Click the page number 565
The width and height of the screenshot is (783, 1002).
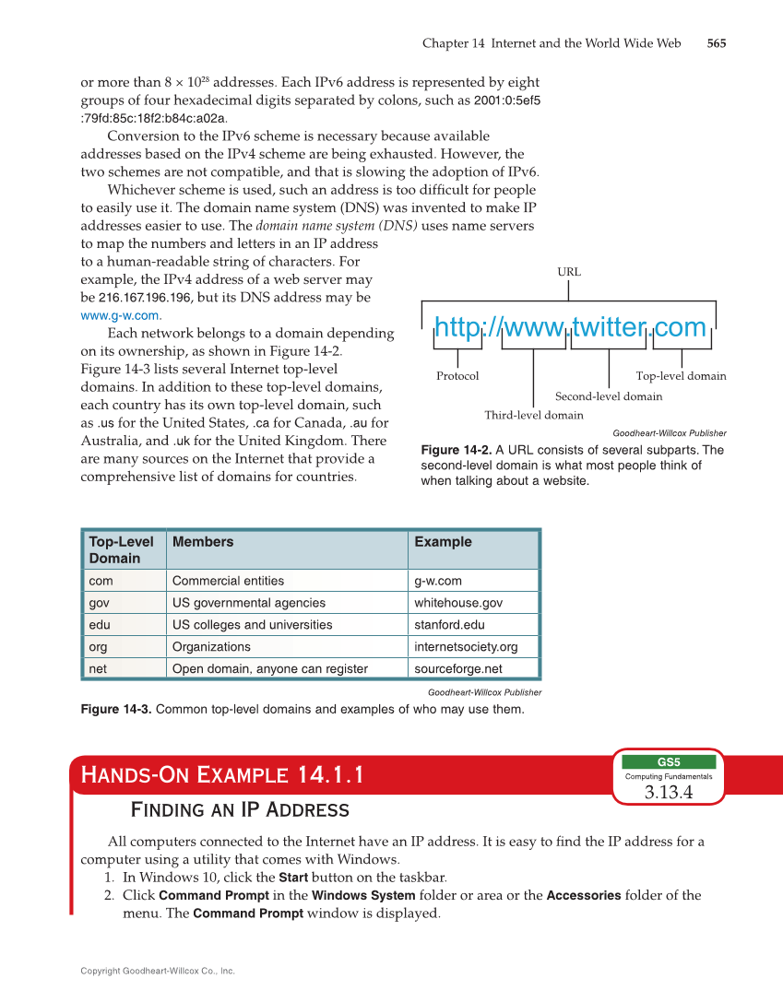716,43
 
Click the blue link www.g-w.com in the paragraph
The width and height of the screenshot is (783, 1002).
120,315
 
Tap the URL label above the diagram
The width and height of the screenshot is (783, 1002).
569,272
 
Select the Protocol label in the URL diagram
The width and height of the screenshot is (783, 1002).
457,376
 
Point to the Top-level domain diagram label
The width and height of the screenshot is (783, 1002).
681,376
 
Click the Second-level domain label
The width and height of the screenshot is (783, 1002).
608,396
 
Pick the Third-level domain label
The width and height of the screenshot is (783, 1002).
533,415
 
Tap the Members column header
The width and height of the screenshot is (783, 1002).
203,542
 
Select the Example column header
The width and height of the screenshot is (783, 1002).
443,542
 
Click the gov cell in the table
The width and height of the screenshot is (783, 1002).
99,603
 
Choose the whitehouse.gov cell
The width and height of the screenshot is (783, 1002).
458,603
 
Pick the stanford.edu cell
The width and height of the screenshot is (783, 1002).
451,625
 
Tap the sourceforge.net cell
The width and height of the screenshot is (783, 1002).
458,669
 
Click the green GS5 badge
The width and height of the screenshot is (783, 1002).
668,762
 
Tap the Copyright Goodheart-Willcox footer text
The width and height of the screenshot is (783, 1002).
158,971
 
